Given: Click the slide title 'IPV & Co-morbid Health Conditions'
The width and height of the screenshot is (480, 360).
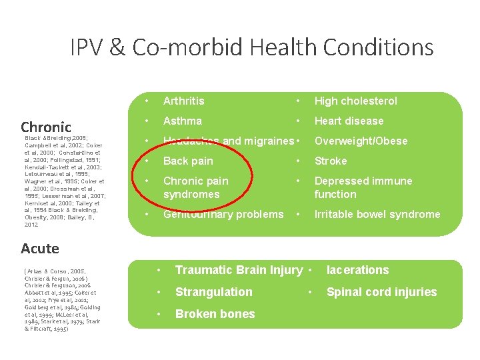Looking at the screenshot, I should [x=252, y=47].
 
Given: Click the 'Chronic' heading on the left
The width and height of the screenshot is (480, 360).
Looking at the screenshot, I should [x=46, y=127].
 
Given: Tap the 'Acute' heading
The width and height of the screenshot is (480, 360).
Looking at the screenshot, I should [x=40, y=249].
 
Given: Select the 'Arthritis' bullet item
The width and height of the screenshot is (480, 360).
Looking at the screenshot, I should [x=184, y=101].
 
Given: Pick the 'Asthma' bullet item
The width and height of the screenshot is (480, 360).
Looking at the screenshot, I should [x=183, y=121].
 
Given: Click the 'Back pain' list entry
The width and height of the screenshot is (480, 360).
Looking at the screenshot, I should [x=188, y=161].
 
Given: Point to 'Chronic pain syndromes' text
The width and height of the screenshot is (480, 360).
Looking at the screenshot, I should [x=195, y=187].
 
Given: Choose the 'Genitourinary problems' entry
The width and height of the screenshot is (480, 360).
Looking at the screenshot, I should [x=223, y=214].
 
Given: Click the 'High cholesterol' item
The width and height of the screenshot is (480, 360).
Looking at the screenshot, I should [x=355, y=101].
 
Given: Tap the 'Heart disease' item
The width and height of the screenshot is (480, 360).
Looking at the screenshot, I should [x=349, y=121].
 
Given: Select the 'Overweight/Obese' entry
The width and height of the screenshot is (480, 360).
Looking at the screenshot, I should [x=361, y=141].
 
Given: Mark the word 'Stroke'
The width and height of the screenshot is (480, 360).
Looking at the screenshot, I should [x=331, y=161].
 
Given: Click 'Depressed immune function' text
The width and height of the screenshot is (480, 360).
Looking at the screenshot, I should [x=363, y=187].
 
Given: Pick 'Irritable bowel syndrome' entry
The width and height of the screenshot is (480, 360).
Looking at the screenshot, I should [x=377, y=214].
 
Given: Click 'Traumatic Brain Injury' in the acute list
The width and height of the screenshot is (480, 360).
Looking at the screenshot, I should [x=239, y=270].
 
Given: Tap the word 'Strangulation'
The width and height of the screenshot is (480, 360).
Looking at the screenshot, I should [x=213, y=292].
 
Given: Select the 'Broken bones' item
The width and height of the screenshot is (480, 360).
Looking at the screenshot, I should [x=215, y=314].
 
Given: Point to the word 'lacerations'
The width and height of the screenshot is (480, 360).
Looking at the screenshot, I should [x=357, y=270].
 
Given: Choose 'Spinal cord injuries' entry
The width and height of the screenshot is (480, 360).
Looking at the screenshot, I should [x=381, y=292].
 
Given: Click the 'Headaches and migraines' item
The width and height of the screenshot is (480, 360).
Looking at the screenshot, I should [x=228, y=141].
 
